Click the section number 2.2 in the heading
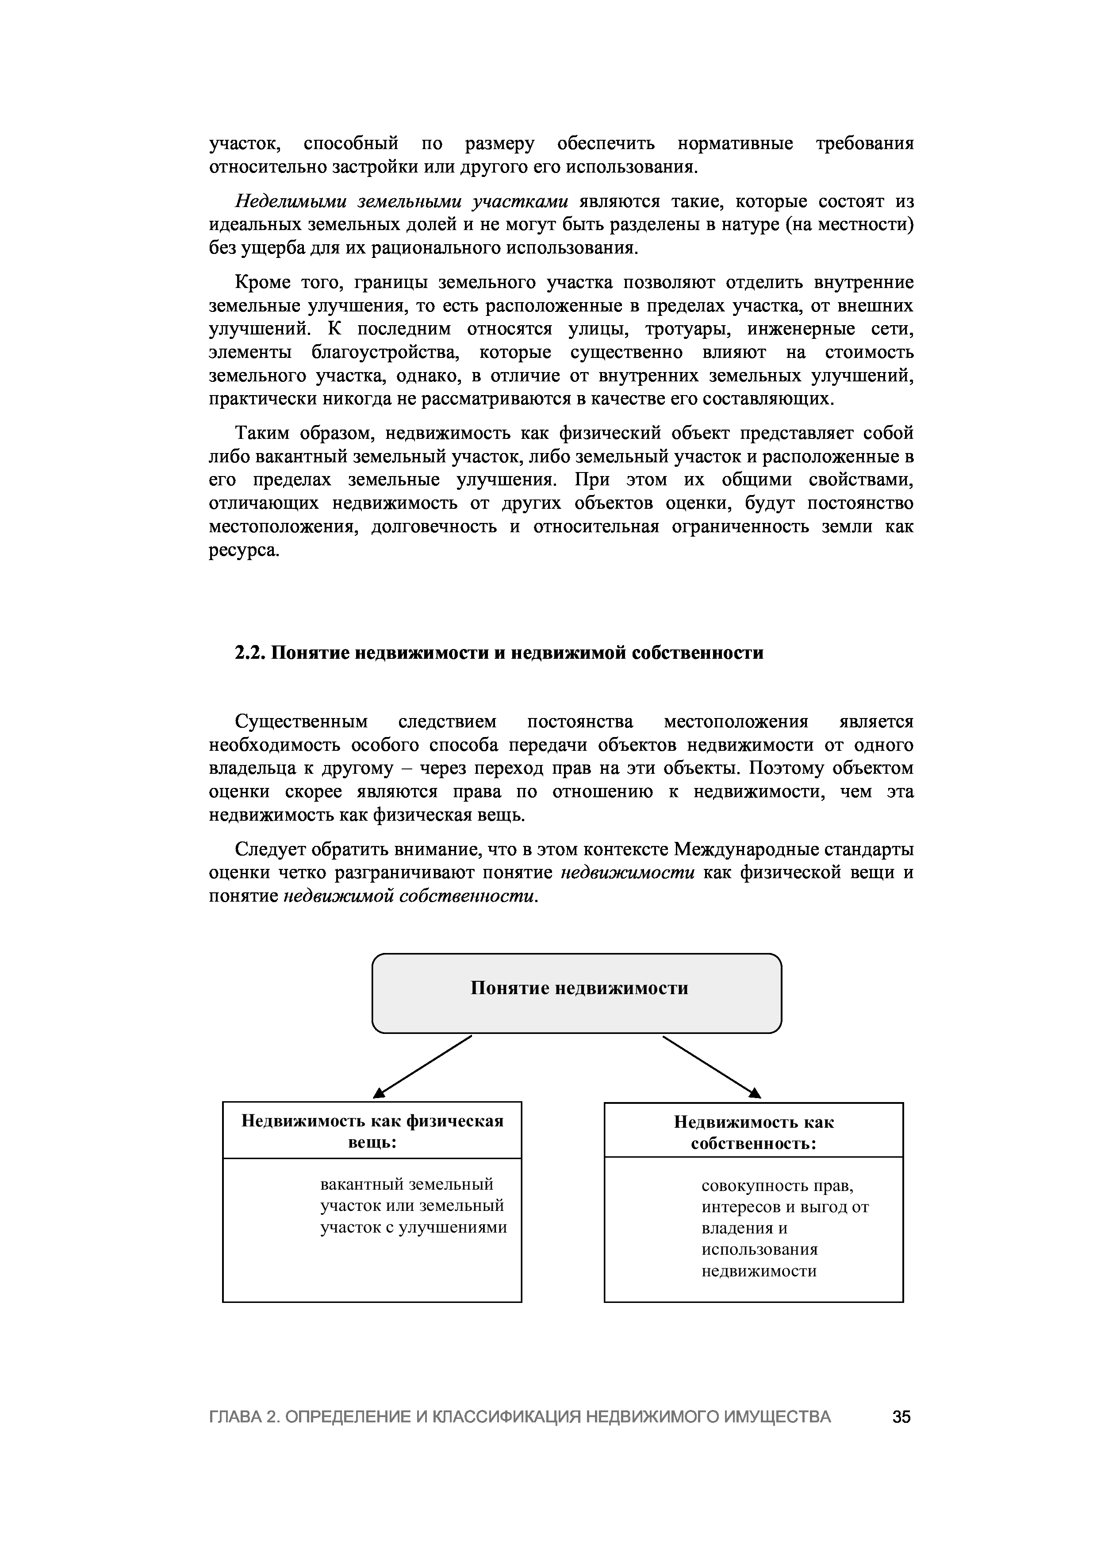coord(249,653)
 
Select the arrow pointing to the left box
coord(422,1066)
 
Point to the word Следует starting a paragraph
coord(269,849)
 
